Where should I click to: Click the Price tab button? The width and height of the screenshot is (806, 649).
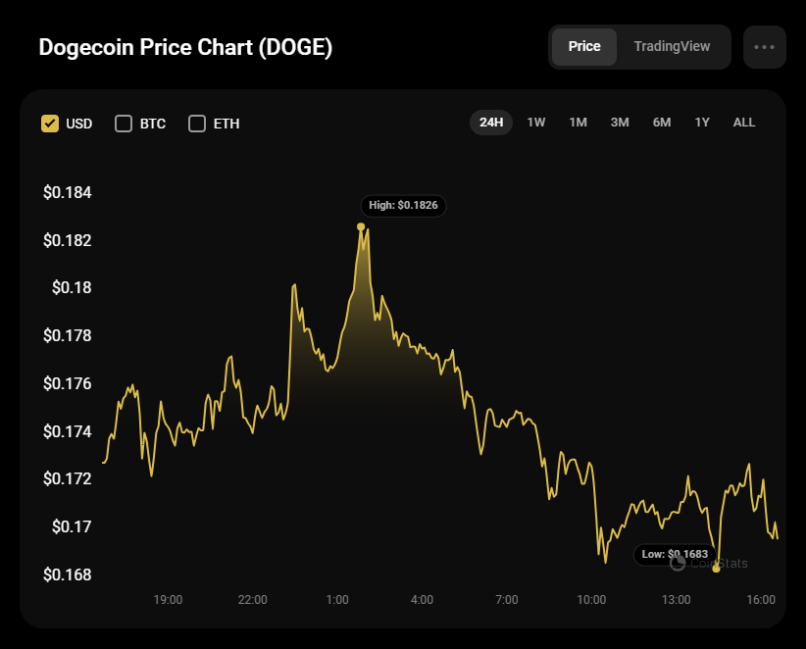584,47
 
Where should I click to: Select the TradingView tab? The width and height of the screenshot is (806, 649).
672,47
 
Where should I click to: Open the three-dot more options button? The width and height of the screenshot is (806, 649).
765,47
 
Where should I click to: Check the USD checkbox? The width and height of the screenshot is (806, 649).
50,124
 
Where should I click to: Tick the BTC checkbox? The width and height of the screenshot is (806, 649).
124,124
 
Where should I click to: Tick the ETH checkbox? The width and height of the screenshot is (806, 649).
197,124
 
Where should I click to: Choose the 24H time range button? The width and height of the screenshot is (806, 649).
491,123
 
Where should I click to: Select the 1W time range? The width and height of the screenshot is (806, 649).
536,123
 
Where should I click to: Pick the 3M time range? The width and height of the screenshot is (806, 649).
620,123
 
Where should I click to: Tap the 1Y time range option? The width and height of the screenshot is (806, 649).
702,123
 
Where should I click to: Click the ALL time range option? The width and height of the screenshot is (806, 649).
744,123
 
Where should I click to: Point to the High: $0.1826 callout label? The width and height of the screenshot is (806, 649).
403,206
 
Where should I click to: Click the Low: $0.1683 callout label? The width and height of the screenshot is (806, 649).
674,554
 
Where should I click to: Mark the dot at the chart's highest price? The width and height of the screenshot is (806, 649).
361,226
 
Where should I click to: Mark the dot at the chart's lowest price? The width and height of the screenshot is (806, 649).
716,569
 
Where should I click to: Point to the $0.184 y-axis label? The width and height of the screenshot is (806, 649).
68,192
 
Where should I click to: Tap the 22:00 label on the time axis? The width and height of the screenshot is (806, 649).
253,599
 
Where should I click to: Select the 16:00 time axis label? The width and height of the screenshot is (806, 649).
761,599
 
